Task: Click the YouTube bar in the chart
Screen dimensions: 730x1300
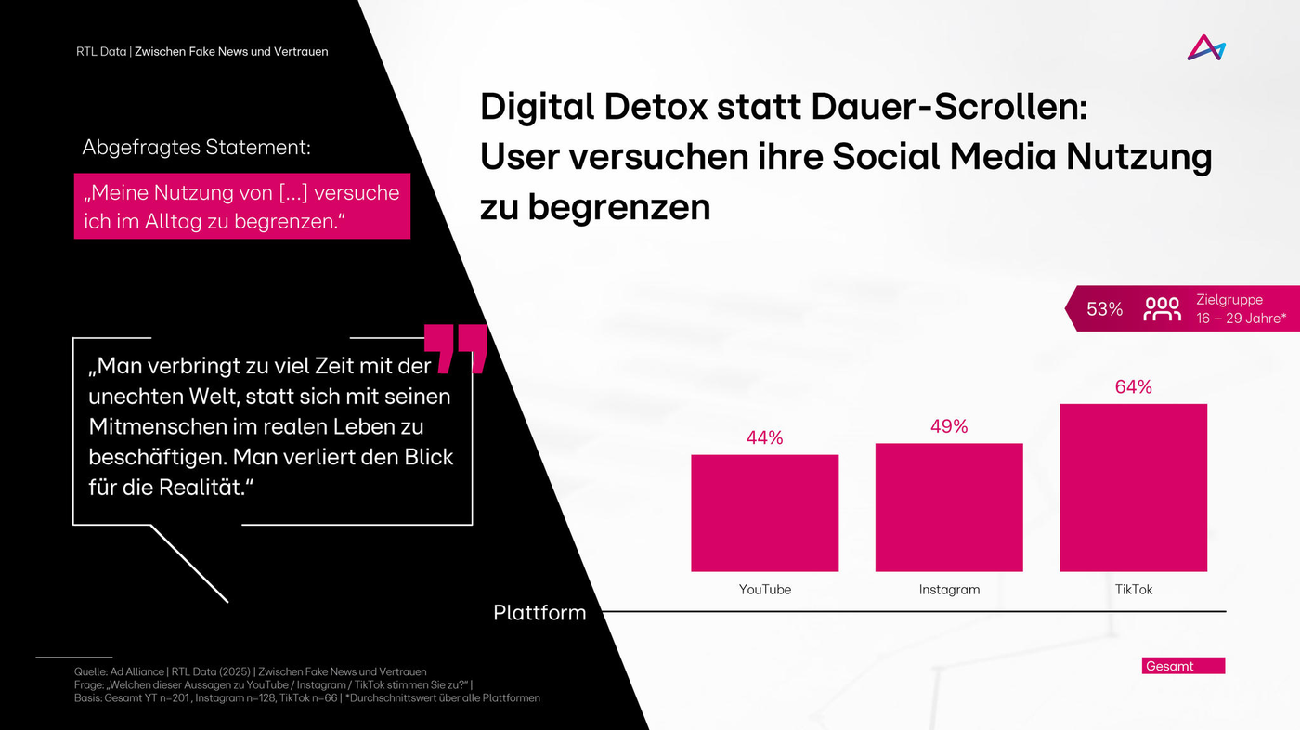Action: (764, 513)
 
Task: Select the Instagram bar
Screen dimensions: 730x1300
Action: (948, 507)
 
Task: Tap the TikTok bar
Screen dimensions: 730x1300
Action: (1133, 488)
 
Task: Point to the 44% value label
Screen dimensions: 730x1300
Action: (764, 437)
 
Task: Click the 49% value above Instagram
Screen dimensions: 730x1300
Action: (948, 426)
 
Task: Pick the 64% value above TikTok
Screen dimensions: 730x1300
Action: (1133, 387)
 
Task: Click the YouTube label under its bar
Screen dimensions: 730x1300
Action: (764, 590)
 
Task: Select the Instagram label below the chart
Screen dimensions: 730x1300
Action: (948, 590)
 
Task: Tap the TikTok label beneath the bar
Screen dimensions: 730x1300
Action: (1133, 590)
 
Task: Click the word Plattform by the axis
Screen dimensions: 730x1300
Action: (539, 613)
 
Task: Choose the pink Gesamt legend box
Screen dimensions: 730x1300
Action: (1183, 666)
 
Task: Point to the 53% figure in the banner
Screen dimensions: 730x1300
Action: (1104, 309)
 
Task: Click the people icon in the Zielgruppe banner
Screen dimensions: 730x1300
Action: (1162, 309)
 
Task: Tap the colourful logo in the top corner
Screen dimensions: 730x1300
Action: (1205, 47)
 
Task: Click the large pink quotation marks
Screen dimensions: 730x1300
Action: (455, 349)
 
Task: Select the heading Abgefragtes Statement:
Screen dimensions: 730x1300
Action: (196, 148)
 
